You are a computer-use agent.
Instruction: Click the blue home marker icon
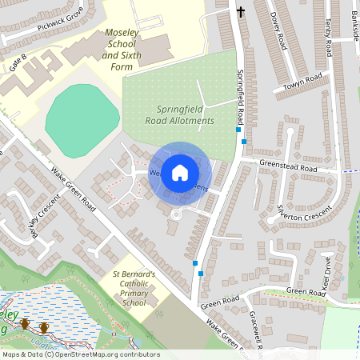(x=180, y=172)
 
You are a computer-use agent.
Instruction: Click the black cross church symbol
(x=241, y=11)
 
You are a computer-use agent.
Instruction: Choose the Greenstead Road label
(x=288, y=170)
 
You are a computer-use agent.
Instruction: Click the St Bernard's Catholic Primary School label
(x=128, y=289)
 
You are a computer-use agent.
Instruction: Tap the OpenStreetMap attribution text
(x=80, y=354)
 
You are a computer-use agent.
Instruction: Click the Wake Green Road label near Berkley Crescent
(x=74, y=191)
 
